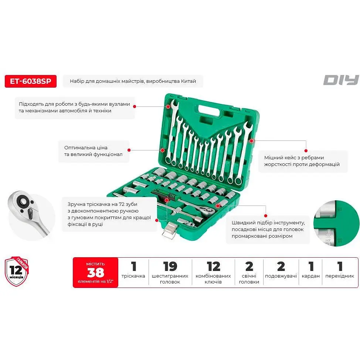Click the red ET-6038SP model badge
click(x=31, y=81)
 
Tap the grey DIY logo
click(x=341, y=80)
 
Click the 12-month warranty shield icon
click(x=17, y=271)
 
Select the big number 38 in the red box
click(x=95, y=272)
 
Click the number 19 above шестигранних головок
click(x=170, y=266)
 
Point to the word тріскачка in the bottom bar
click(x=133, y=276)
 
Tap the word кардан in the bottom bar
click(x=310, y=276)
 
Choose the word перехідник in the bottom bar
click(x=340, y=276)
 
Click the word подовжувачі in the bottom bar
click(x=281, y=276)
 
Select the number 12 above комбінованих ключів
click(x=213, y=266)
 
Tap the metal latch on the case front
click(x=170, y=231)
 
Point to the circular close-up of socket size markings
click(x=336, y=223)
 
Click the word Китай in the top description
click(x=189, y=81)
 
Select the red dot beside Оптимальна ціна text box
click(x=129, y=150)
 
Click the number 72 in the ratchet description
click(x=122, y=204)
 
